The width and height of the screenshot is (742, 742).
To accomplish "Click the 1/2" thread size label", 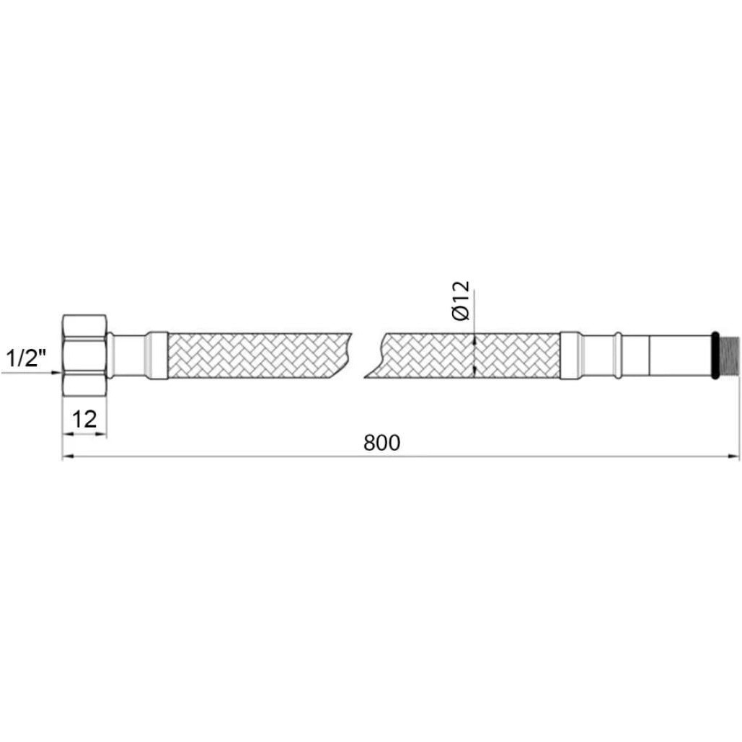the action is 26,358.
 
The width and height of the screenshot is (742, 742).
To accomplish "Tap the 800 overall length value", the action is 382,443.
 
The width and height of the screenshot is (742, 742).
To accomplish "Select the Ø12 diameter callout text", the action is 461,301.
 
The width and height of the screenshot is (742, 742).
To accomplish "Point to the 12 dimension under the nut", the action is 84,419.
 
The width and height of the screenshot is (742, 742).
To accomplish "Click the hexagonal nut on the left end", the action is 84,355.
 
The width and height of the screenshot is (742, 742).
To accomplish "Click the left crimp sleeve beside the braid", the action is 156,355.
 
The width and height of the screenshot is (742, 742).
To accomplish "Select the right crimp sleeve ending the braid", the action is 571,355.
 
